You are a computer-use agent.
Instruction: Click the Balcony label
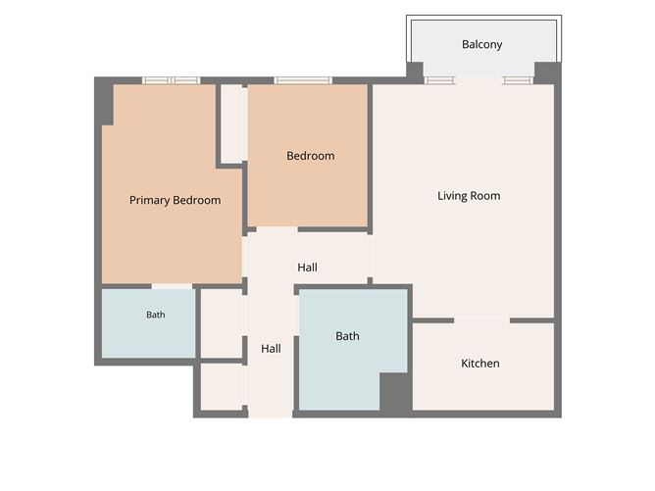tap(481, 45)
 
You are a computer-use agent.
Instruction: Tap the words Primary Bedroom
tap(176, 200)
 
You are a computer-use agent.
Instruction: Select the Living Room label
tap(469, 196)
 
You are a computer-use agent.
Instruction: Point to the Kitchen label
tap(479, 364)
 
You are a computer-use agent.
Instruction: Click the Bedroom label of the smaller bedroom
tap(311, 156)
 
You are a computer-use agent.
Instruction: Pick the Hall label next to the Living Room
tap(307, 268)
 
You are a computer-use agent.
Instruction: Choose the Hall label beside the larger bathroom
tap(271, 349)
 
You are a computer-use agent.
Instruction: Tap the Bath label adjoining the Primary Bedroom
tap(155, 315)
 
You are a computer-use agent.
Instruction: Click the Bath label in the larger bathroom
tap(347, 336)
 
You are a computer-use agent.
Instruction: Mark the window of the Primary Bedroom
tap(172, 80)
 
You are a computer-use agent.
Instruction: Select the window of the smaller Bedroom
tap(303, 80)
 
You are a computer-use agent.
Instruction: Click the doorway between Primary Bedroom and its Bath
tap(172, 286)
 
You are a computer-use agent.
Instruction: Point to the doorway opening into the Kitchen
tap(482, 320)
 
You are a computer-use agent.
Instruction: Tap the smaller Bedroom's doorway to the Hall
tap(277, 229)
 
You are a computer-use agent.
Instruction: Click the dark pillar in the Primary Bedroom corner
tap(104, 101)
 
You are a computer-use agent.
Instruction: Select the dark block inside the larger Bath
tap(395, 392)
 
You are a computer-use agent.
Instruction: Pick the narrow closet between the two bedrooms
tap(231, 123)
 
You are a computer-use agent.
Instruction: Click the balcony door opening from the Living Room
tap(479, 80)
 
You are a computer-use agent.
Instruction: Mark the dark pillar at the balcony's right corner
tap(548, 73)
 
